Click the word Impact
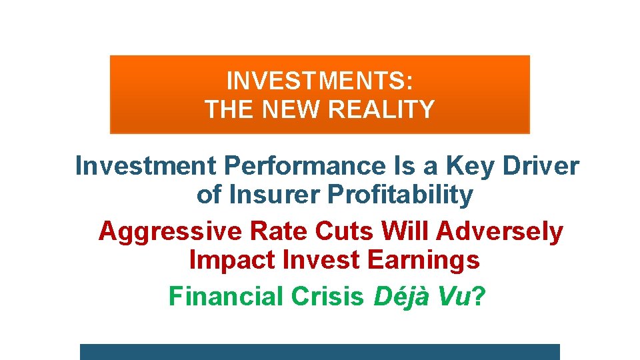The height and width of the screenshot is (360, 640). coord(232,260)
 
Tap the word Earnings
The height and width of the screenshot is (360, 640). coord(423,261)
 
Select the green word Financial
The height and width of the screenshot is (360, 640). coord(226,296)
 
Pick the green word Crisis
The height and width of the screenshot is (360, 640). coord(327,296)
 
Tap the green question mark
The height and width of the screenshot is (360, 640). coord(479,296)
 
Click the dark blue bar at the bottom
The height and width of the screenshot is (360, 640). coord(319,352)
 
